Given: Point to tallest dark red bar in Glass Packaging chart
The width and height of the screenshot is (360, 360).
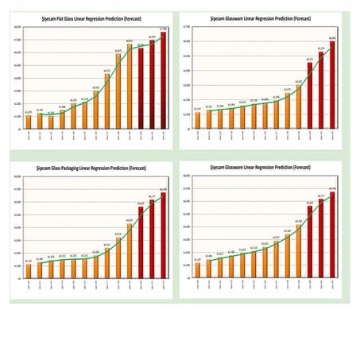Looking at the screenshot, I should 164,235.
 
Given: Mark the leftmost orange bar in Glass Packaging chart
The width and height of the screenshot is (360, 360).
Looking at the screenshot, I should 29,271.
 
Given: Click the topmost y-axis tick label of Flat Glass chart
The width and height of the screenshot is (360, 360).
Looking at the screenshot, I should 17,27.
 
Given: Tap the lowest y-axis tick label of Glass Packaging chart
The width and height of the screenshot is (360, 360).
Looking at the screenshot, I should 17,279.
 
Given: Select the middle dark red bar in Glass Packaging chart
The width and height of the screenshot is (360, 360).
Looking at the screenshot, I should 153,239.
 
